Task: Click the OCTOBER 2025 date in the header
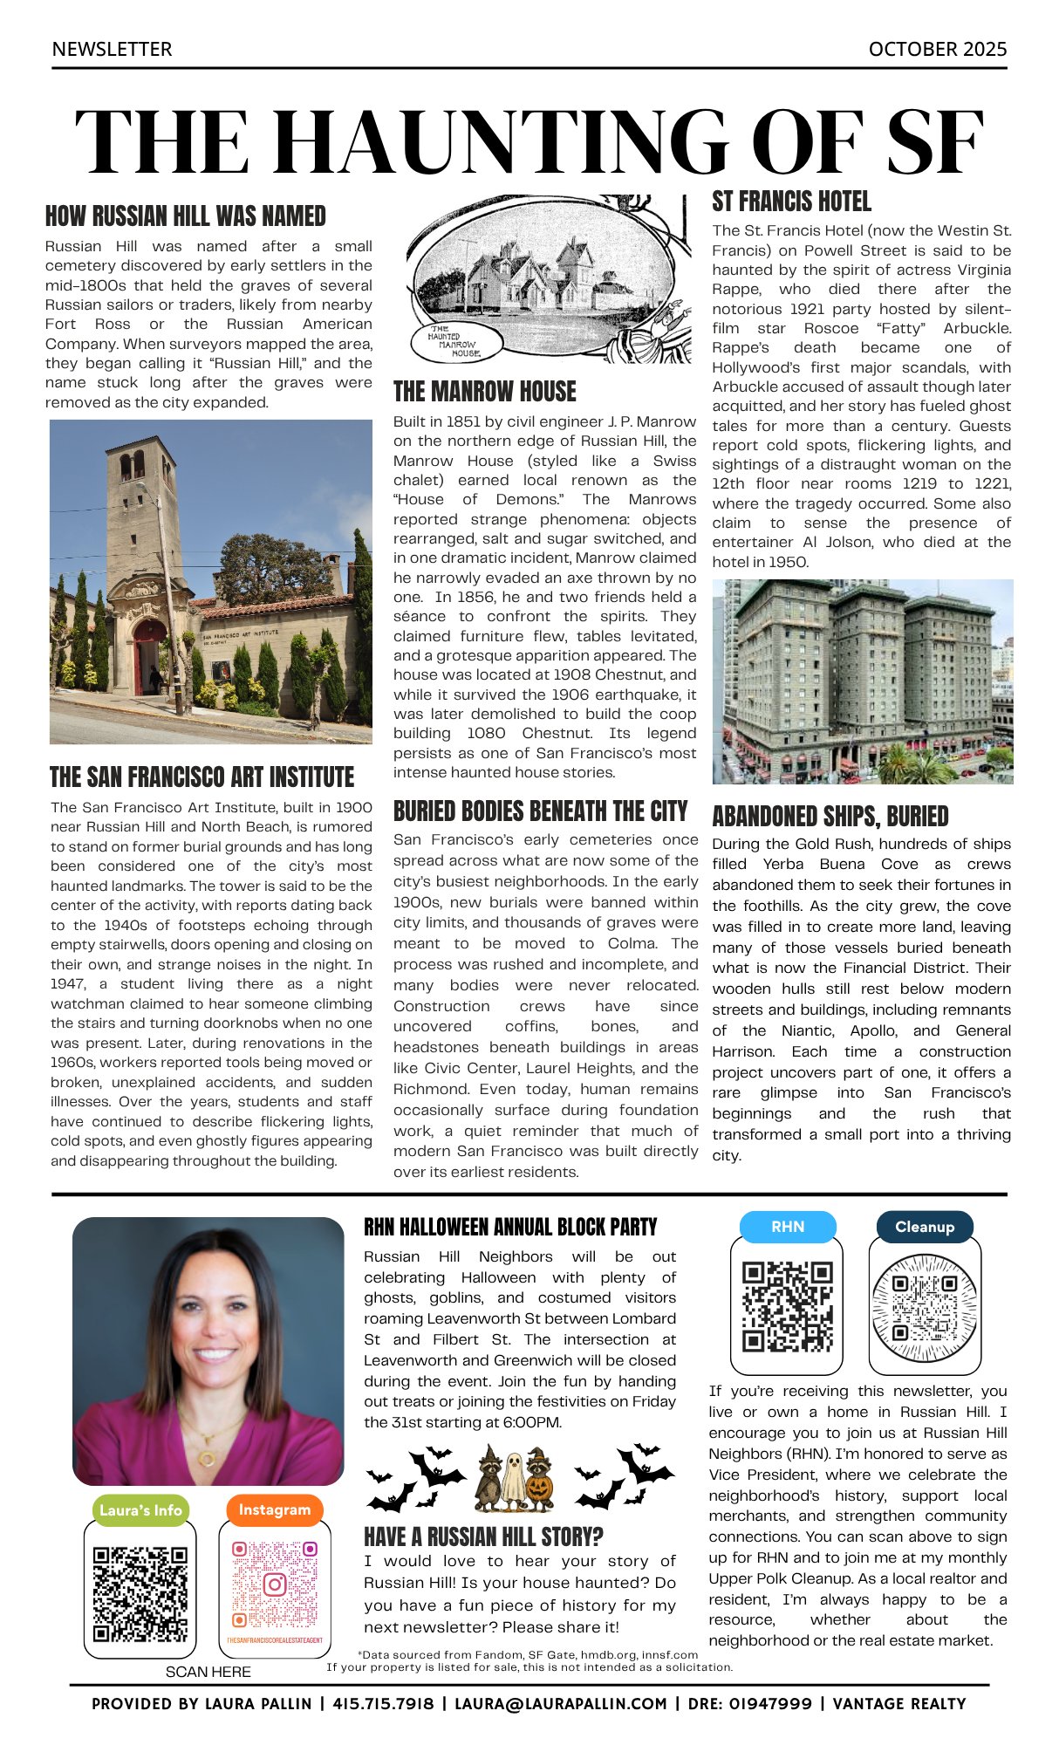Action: [x=937, y=49]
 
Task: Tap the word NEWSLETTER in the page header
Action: [x=112, y=49]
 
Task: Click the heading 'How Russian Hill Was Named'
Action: [x=185, y=216]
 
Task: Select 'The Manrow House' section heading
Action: [x=484, y=391]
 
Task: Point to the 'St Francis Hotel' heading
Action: [x=791, y=202]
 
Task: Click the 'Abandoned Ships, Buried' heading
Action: [x=830, y=817]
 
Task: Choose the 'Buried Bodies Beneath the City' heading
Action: [x=540, y=811]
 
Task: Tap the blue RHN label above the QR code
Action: [x=787, y=1227]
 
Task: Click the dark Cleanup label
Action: [x=924, y=1227]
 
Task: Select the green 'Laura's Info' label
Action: [x=140, y=1510]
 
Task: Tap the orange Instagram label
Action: [x=274, y=1509]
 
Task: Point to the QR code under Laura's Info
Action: [x=140, y=1594]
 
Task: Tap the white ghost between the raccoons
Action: [x=515, y=1480]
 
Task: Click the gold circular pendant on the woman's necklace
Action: [x=208, y=1458]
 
